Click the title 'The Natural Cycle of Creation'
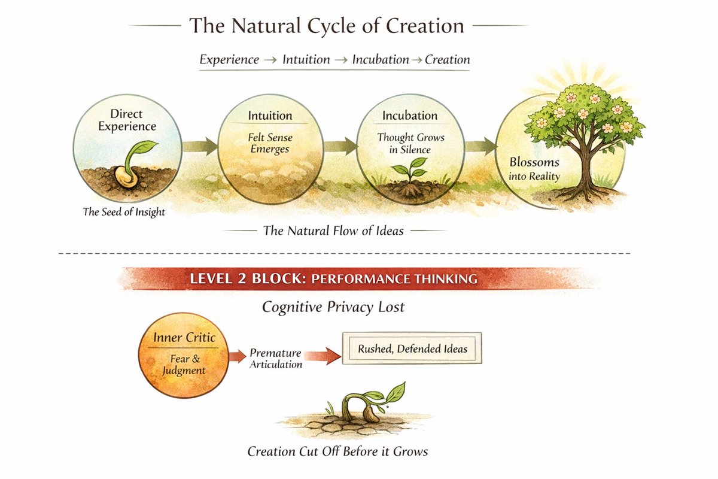click(327, 26)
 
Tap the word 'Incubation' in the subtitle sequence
click(380, 59)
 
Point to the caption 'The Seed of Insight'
click(124, 211)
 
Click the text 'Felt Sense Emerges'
click(270, 143)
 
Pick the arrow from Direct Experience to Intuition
click(200, 146)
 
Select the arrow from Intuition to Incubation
click(339, 146)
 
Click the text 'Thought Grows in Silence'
click(410, 143)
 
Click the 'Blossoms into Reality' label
click(535, 169)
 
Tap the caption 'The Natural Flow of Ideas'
click(333, 230)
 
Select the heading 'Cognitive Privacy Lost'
click(333, 307)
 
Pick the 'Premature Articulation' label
click(275, 358)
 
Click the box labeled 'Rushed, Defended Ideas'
click(412, 348)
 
